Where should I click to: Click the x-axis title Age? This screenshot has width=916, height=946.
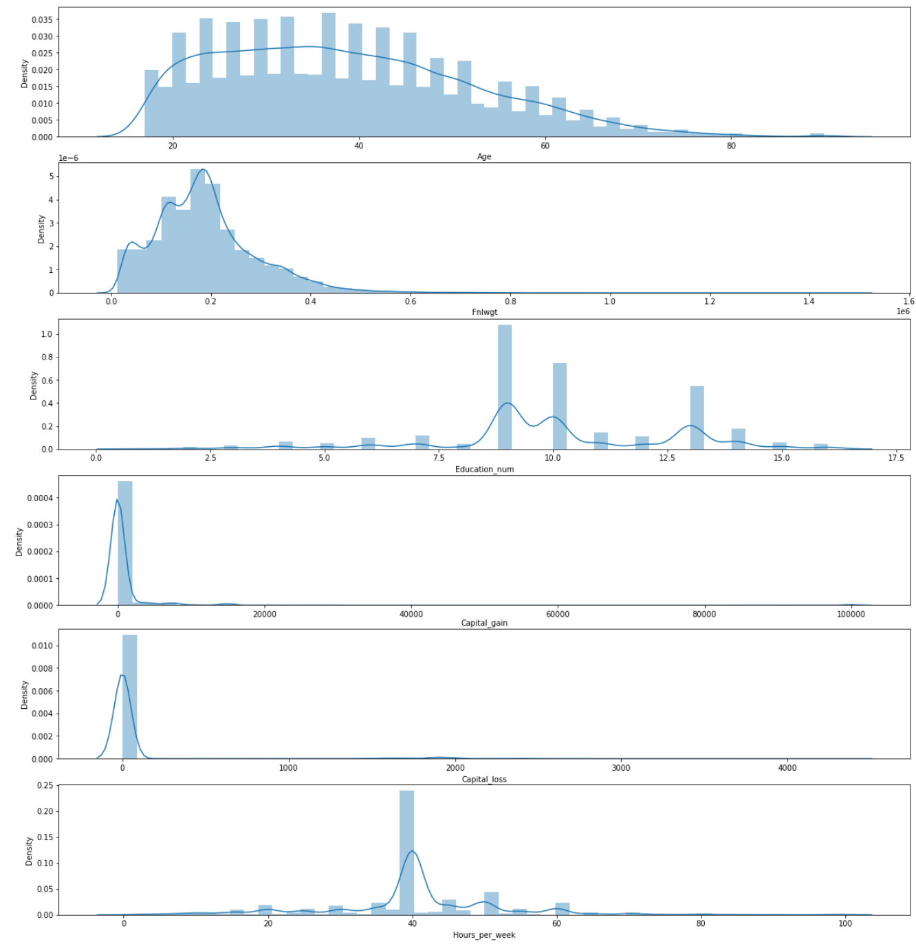pos(484,157)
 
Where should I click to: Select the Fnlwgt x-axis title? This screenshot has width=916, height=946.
pos(484,312)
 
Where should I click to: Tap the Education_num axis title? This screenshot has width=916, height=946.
pos(484,470)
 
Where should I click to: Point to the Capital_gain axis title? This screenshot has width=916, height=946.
pos(484,623)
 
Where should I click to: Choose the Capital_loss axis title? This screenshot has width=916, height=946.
pos(484,779)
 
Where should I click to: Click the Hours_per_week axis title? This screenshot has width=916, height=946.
pos(484,935)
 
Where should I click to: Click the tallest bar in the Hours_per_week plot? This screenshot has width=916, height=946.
pos(406,852)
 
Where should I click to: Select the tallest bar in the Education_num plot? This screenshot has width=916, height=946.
pos(505,387)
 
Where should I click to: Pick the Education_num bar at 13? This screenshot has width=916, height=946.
pos(697,417)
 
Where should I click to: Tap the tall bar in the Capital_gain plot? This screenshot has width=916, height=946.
pos(125,543)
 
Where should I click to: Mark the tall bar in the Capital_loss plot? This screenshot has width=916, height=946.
pos(129,696)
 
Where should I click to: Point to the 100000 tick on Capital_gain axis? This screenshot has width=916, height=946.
pos(851,615)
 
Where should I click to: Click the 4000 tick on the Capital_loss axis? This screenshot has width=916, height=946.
pos(787,768)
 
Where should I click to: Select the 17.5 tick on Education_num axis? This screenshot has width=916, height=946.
pos(895,459)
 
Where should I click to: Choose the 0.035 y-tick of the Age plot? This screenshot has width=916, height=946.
pos(42,19)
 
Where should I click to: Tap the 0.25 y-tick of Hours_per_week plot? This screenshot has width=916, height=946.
pos(45,785)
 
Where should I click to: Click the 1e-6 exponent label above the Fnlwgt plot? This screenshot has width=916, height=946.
pos(68,158)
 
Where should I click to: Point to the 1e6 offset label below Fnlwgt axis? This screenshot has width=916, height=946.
pos(903,311)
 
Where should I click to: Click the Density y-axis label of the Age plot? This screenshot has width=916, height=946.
pos(25,73)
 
